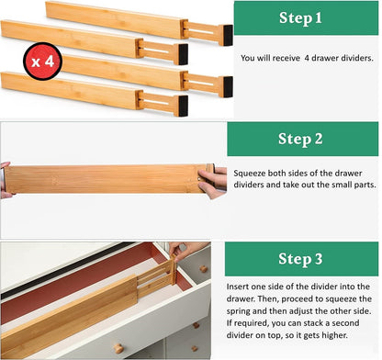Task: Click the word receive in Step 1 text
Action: coord(286,57)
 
